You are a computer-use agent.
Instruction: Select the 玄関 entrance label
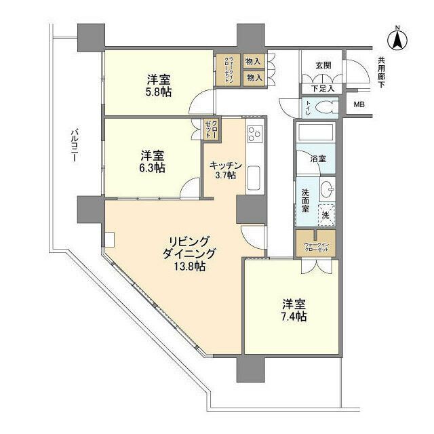point(322,66)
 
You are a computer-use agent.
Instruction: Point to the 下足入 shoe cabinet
point(322,88)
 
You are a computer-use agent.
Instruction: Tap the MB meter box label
point(358,105)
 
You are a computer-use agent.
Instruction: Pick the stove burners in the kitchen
point(254,134)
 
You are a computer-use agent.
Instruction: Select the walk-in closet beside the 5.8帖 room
point(225,68)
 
